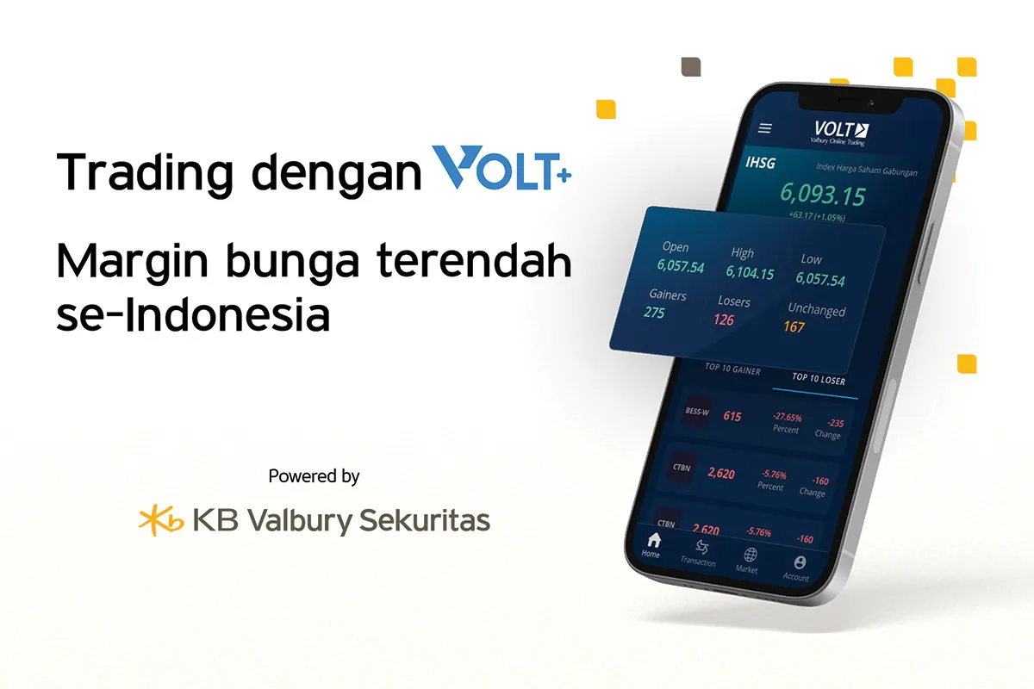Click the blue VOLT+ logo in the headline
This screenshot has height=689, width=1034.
tap(502, 170)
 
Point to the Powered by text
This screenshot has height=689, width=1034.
tap(314, 475)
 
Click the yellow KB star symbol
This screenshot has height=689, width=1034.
tap(160, 520)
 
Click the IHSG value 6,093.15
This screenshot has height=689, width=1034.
tap(822, 196)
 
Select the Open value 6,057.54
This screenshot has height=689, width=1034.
tap(681, 267)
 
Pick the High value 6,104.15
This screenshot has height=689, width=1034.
tap(750, 274)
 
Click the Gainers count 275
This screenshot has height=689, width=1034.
tap(655, 313)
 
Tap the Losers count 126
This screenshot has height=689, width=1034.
tap(724, 320)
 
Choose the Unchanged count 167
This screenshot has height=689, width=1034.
tap(794, 326)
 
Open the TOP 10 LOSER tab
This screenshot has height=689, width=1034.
tap(819, 379)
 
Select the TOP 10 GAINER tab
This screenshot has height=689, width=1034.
tap(732, 369)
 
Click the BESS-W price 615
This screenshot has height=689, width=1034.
tap(732, 417)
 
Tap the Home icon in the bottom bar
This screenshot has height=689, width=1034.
tap(654, 541)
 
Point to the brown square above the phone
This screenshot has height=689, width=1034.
tap(691, 67)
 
